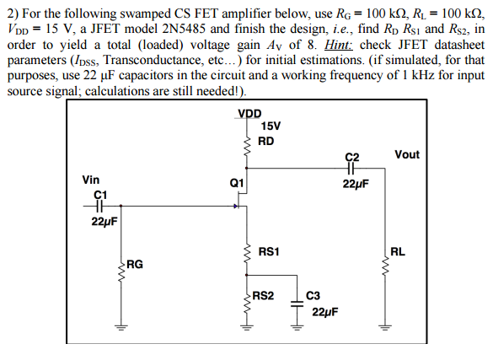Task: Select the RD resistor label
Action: point(265,141)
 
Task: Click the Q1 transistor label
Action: point(236,183)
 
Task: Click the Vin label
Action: point(90,180)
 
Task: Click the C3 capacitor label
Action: point(313,295)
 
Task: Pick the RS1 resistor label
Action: point(270,250)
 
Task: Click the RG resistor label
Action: point(134,264)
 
